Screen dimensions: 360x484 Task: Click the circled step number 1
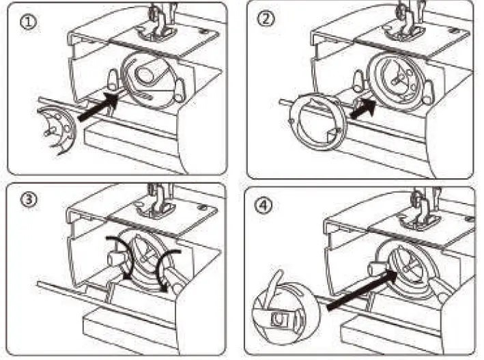(28, 21)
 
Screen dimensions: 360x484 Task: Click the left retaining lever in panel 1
(112, 79)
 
